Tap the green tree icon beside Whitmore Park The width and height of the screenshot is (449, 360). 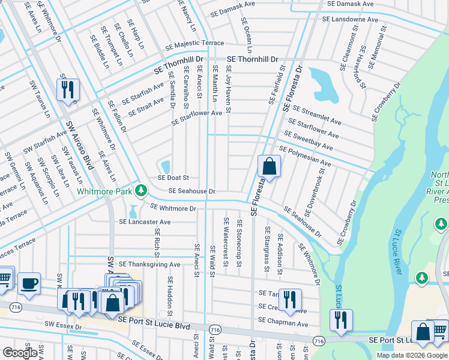[141, 191]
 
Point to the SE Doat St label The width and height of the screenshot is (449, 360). [173, 178]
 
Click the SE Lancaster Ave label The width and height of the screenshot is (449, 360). [145, 222]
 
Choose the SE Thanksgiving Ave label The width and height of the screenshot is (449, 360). [149, 264]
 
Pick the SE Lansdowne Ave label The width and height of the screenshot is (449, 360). [350, 19]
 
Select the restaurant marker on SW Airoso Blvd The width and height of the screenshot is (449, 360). [68, 90]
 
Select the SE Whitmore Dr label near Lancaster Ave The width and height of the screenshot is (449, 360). [173, 208]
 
